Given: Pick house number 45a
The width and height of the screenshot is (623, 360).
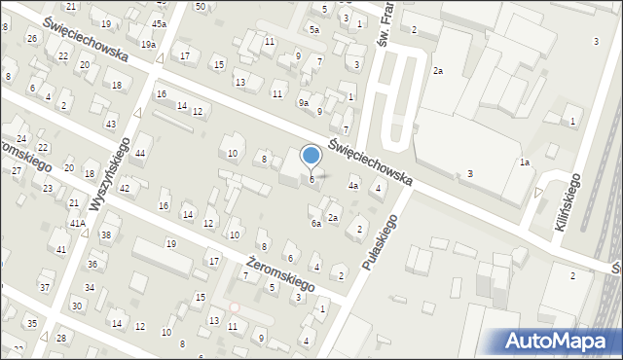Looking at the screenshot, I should (x=159, y=22).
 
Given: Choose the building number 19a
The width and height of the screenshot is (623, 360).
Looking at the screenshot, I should (x=148, y=45).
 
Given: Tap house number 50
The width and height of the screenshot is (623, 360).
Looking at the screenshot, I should (x=200, y=6).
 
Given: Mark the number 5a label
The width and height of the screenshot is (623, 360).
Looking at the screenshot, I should (x=314, y=30).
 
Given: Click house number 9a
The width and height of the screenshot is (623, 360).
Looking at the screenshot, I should (x=304, y=103).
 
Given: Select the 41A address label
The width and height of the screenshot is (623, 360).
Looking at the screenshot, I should (x=77, y=223).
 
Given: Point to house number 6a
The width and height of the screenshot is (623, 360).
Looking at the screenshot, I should (x=315, y=224).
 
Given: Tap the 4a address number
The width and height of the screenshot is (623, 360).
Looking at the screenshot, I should (x=354, y=186).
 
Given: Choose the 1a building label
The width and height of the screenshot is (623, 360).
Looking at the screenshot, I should (x=524, y=162).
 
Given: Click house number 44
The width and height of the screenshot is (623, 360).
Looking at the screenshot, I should (x=141, y=154).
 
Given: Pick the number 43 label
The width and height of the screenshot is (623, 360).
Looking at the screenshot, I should (x=111, y=124).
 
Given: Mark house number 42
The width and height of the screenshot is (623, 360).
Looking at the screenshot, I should (x=124, y=188).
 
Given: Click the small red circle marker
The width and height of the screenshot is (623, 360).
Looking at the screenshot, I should (x=234, y=307).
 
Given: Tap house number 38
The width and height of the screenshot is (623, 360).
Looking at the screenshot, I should (x=106, y=235).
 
